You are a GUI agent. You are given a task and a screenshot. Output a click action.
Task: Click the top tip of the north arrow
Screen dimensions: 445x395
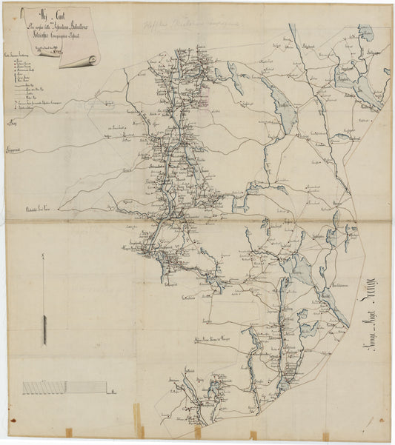tap(44, 254)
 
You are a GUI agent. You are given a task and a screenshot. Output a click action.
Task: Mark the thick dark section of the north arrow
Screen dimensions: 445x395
tap(44, 330)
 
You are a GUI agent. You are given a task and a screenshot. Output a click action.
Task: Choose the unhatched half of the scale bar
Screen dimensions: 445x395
tap(86, 387)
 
